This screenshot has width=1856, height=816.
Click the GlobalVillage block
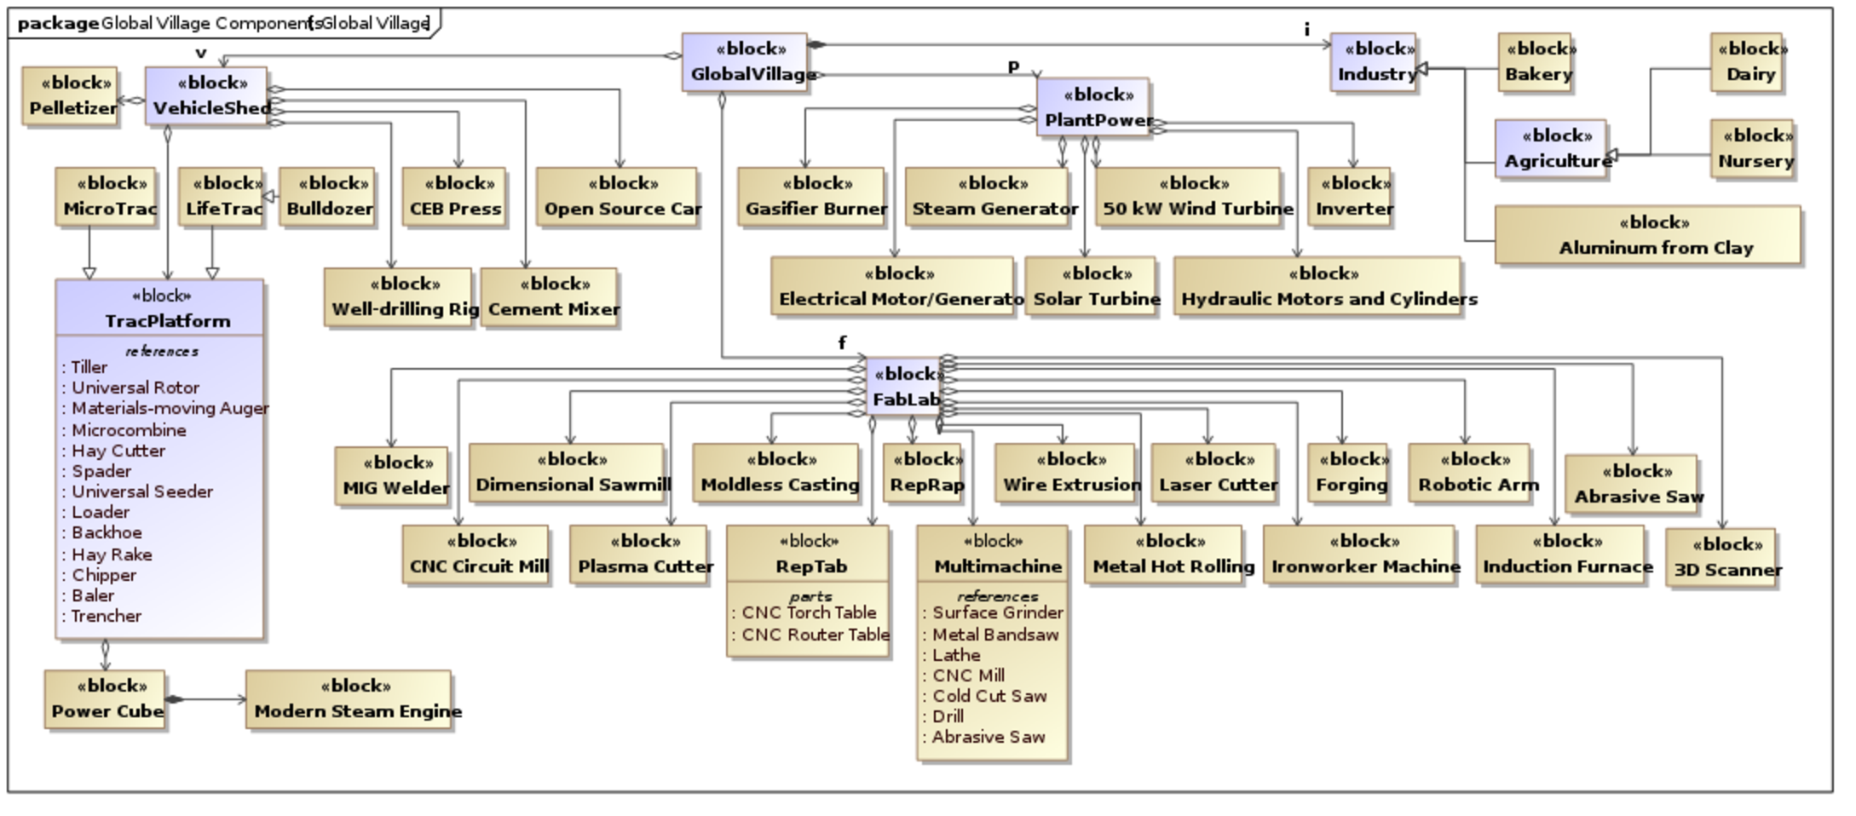(x=744, y=62)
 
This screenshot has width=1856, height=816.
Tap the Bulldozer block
(x=327, y=197)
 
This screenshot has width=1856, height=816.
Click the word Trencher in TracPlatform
(x=106, y=616)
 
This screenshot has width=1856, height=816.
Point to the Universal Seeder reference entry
(x=141, y=491)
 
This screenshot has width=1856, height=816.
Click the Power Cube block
(x=105, y=699)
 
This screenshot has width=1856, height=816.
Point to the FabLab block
(x=904, y=386)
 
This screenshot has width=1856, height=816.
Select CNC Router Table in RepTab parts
(x=815, y=635)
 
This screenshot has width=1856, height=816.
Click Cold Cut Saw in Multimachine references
(x=989, y=696)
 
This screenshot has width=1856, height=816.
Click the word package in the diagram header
(x=58, y=23)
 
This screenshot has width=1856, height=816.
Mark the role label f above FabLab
(x=842, y=342)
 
